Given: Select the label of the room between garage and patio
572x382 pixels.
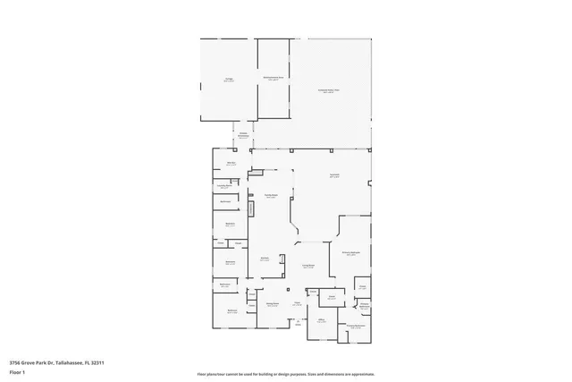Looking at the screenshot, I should tap(273, 79).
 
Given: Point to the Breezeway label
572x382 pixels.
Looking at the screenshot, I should tap(242, 135).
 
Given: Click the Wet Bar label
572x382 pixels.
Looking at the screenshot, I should tap(231, 163).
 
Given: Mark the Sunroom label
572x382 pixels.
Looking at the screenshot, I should tap(333, 176).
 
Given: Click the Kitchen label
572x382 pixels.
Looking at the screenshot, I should tap(265, 259).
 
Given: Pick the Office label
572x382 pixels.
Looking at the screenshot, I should tap(320, 319).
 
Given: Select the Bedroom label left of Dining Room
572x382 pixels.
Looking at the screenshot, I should tap(231, 310).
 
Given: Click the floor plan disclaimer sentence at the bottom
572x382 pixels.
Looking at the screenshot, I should tap(285, 374).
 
